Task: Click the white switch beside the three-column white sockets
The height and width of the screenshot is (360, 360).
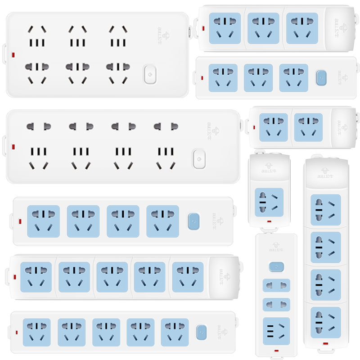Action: pos(150,75)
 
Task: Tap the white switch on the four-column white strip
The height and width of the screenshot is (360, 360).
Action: pos(198,158)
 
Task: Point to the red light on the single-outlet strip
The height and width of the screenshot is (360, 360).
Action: pos(269,221)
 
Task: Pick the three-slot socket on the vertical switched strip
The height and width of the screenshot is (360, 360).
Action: pos(276,331)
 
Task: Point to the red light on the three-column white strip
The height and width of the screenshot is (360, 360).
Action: pos(12,56)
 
